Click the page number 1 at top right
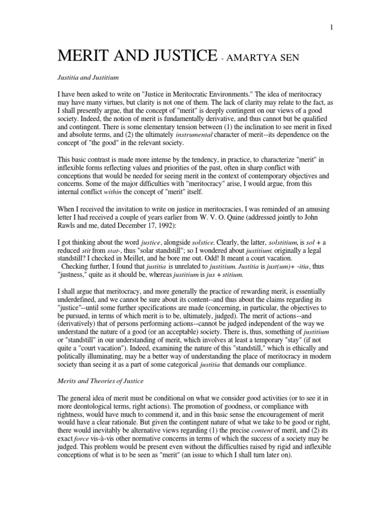pos(331,27)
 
